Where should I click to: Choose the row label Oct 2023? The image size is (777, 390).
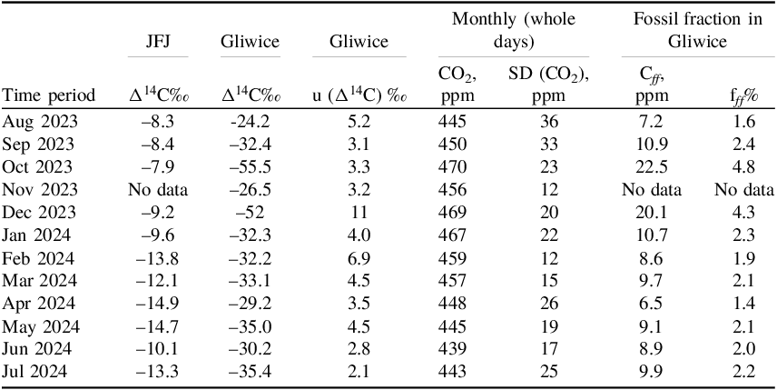point(34,165)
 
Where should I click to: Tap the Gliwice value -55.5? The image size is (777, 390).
point(248,165)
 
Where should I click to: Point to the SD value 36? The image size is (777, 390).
point(545,121)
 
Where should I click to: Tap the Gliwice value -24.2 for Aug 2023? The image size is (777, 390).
point(248,121)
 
